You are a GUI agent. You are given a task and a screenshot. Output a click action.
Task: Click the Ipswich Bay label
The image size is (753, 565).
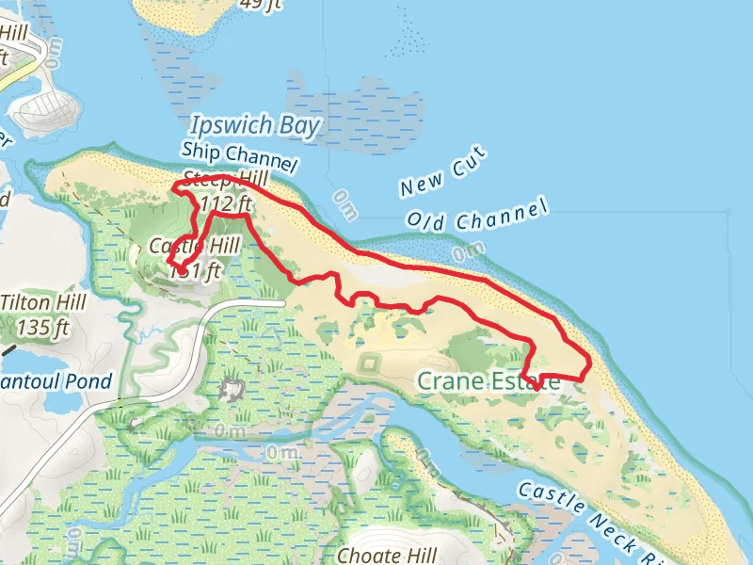tap(255, 125)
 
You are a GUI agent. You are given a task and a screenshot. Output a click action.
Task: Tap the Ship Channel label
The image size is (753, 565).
tap(240, 156)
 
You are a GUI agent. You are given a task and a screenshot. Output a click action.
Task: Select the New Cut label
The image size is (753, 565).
tap(442, 171)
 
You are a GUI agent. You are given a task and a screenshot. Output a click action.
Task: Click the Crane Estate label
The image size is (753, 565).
tap(488, 381)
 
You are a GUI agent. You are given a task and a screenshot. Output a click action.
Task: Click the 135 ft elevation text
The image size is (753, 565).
tap(43, 328)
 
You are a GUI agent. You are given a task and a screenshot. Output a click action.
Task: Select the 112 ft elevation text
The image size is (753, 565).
tap(226, 202)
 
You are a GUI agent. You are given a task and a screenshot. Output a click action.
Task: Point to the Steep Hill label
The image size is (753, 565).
tap(226, 179)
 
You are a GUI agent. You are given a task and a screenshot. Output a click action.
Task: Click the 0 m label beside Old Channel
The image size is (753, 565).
tap(468, 251)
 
